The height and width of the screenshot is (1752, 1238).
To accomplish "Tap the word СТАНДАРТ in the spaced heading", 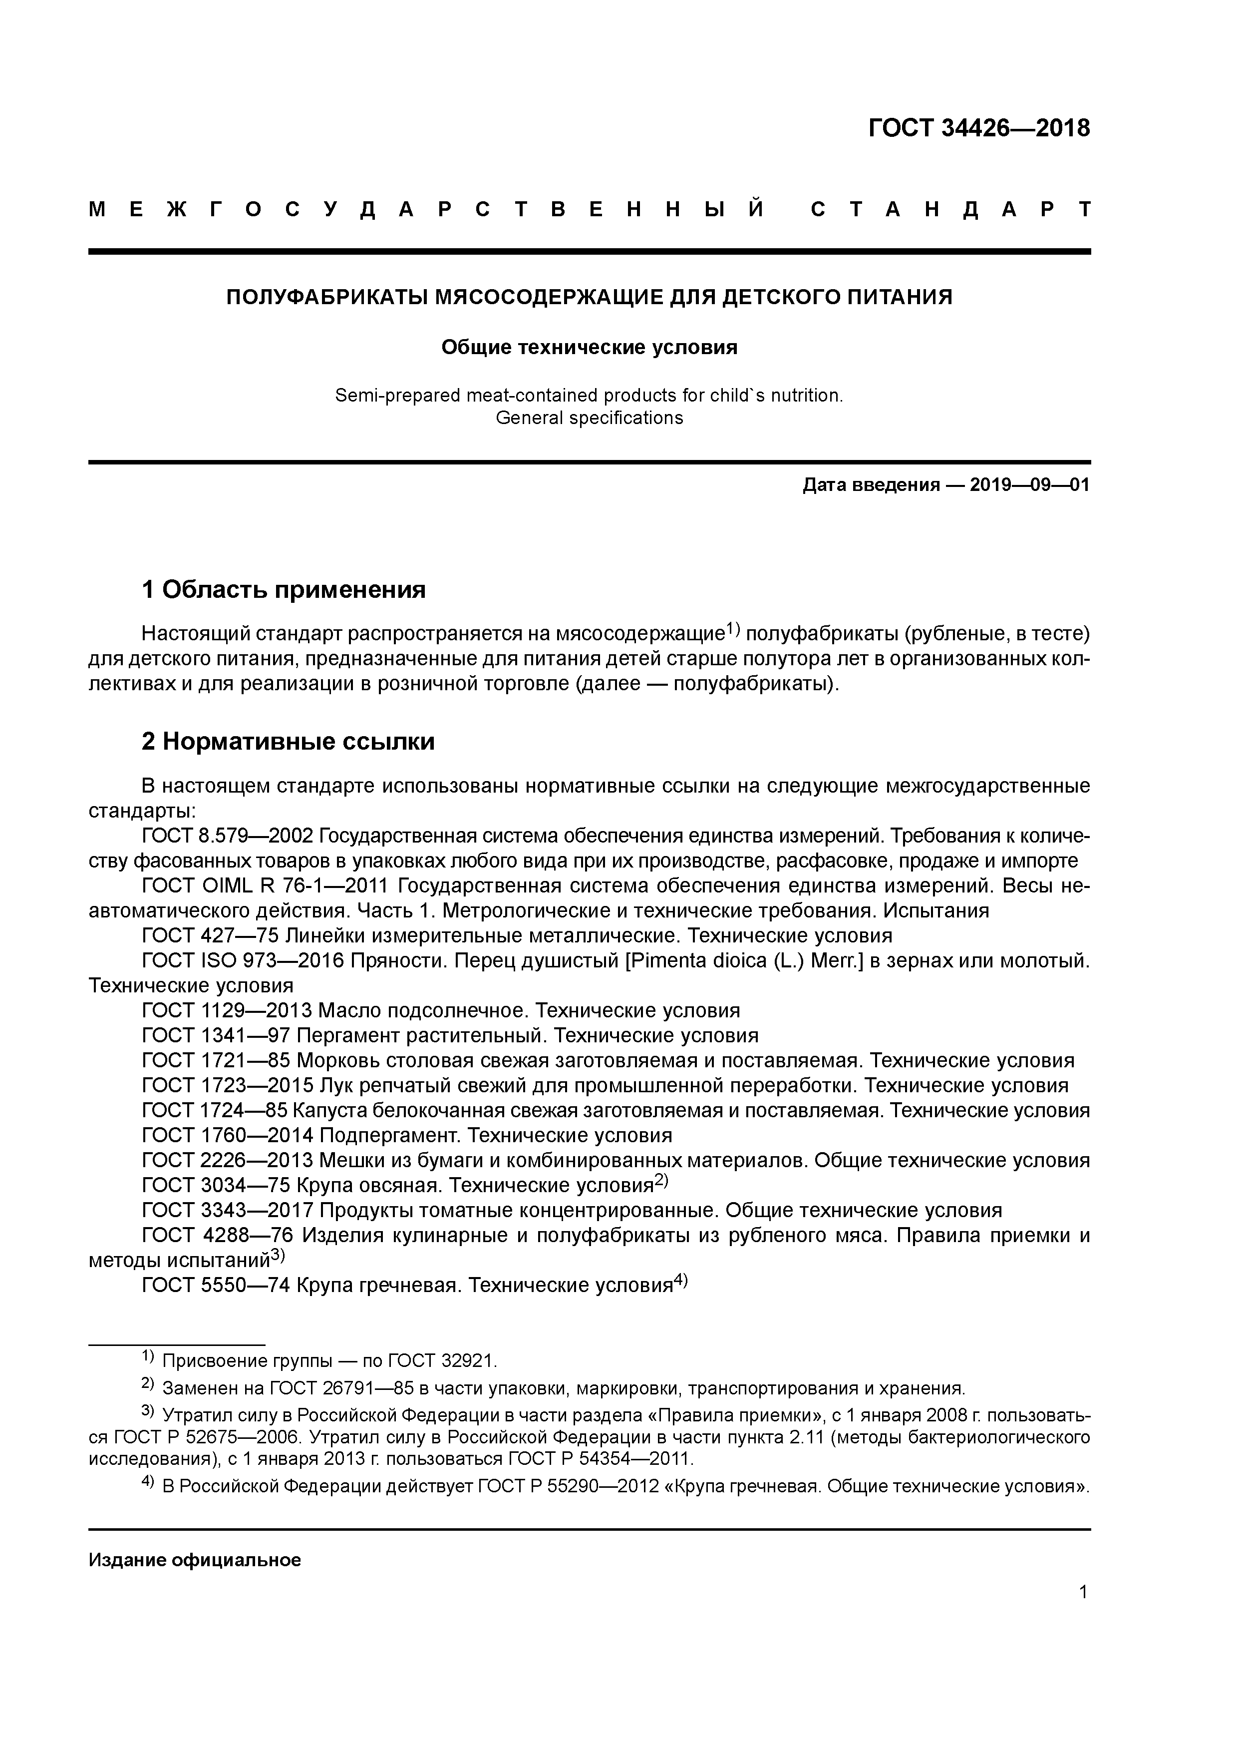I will (950, 209).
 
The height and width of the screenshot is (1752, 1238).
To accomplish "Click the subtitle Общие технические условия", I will (589, 348).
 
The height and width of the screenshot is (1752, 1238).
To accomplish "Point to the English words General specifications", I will (589, 418).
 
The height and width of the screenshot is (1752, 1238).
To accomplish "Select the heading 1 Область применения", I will (283, 589).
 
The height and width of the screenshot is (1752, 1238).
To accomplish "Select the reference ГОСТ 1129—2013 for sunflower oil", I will (227, 1011).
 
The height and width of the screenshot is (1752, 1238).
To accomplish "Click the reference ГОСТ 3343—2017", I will (227, 1210).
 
